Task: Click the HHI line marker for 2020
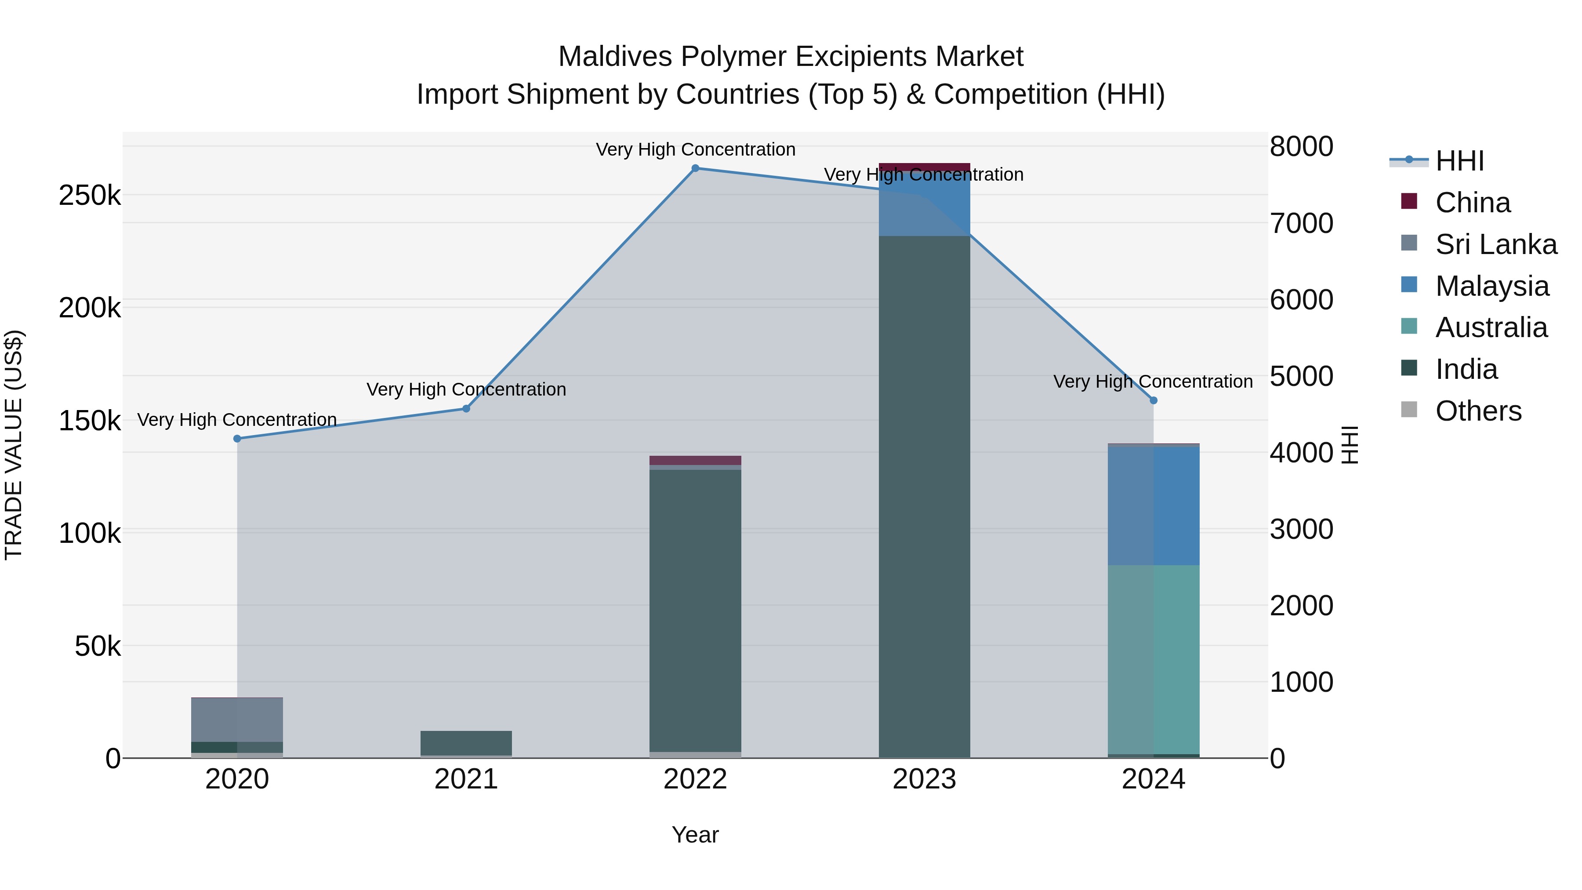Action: (237, 439)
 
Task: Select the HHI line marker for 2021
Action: (466, 408)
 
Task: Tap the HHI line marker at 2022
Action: (695, 168)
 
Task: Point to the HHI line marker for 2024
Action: (1154, 400)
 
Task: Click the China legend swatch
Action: (1409, 201)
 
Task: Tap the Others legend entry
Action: (1478, 411)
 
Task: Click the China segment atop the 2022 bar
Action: (695, 460)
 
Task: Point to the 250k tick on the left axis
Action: (90, 196)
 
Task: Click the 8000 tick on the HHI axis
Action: (1301, 147)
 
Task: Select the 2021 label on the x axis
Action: (466, 779)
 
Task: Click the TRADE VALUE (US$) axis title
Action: (14, 445)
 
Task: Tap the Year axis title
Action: (695, 835)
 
